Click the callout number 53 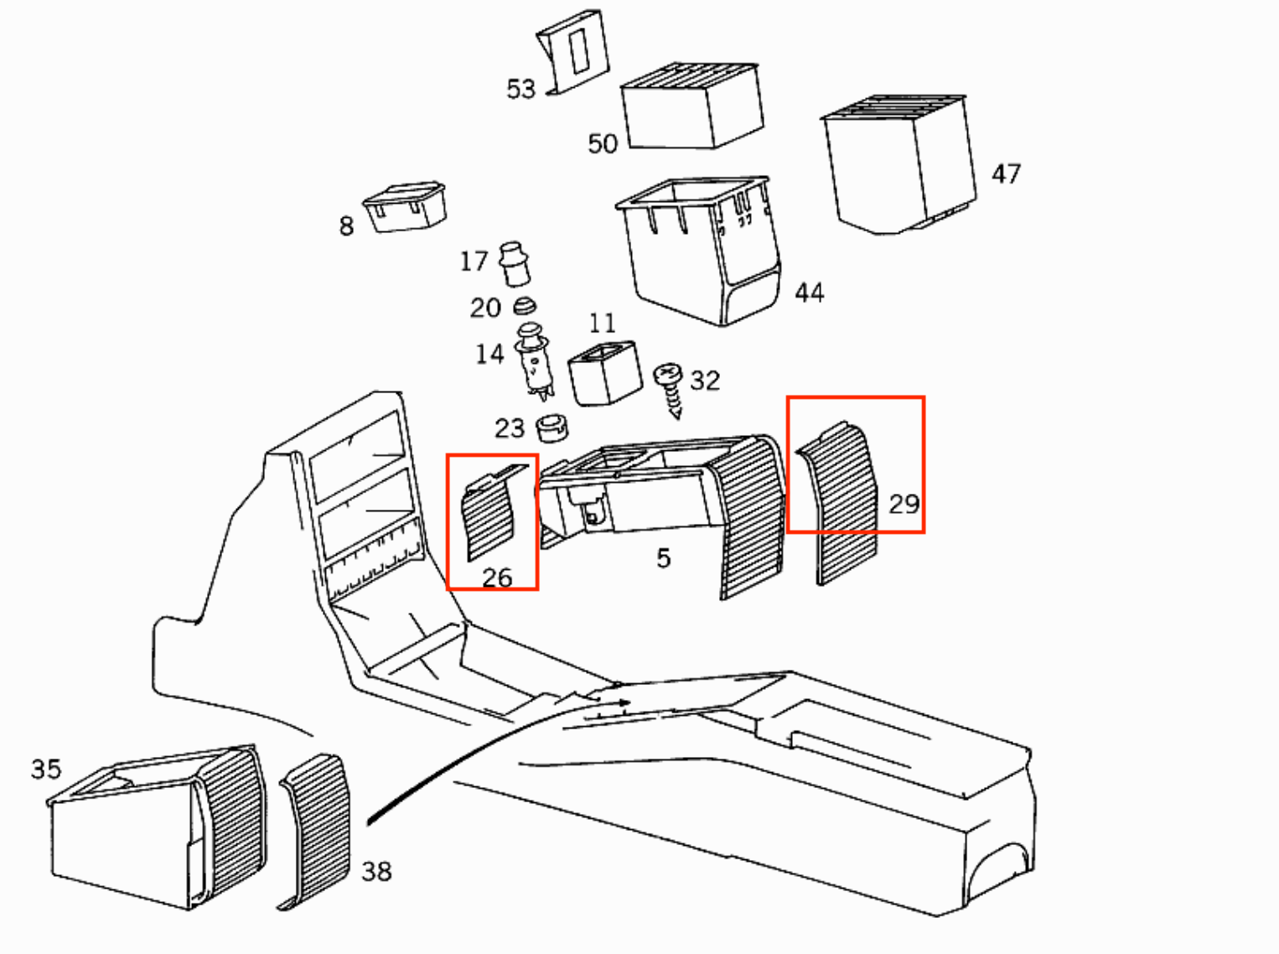[520, 89]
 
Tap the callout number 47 [1007, 174]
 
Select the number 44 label [810, 293]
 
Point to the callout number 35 [46, 769]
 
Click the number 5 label [664, 557]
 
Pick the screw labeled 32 [668, 391]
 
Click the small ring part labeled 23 [551, 428]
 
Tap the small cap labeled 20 [525, 306]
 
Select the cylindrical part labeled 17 [514, 264]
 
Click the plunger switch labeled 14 [534, 361]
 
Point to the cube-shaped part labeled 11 [605, 373]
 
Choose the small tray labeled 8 [405, 206]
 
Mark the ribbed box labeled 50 [692, 106]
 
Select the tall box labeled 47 [899, 164]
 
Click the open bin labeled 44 [699, 251]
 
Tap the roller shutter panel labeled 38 [315, 832]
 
